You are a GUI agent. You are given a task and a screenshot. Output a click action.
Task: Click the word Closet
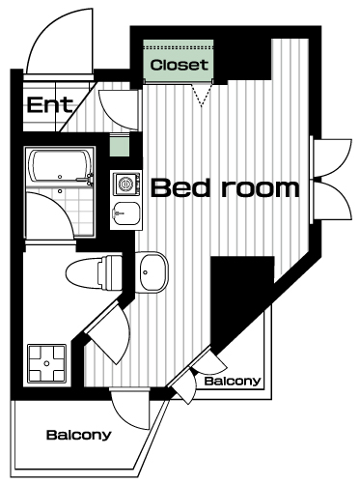point(179,65)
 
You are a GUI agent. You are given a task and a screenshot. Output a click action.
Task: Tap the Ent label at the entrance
point(50,104)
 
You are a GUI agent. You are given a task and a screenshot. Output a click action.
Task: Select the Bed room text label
point(225,188)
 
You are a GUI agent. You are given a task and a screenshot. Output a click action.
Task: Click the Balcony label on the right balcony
point(233,382)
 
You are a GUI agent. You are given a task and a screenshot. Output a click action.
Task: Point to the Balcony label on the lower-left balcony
point(79,435)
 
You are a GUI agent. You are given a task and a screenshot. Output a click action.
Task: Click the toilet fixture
point(94,272)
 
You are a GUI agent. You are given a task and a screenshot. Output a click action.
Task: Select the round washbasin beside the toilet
point(151,272)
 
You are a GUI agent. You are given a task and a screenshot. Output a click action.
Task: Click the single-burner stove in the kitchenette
point(126,184)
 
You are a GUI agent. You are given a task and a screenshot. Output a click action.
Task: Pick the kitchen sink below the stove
point(126,214)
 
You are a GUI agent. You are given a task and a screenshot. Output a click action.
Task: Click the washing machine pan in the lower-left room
point(47,363)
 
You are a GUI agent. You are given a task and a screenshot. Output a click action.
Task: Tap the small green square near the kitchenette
point(120,146)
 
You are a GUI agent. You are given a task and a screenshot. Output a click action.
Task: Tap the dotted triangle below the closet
point(202,95)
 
